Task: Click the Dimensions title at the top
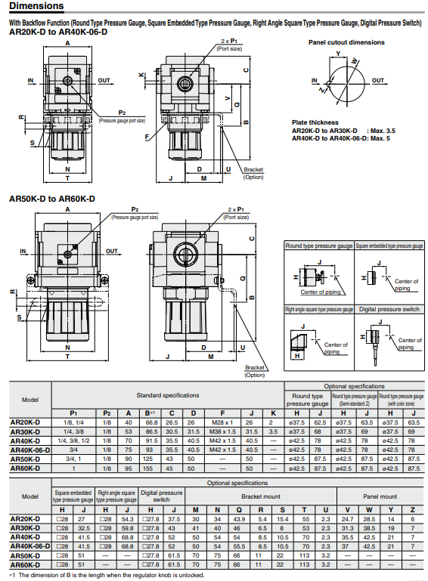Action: (42, 7)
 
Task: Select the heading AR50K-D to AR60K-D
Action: (52, 199)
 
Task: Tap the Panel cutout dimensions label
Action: (346, 42)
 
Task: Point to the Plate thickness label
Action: (315, 122)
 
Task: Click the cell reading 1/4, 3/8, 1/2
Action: (77, 440)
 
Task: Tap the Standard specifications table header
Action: (168, 395)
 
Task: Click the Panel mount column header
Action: (380, 496)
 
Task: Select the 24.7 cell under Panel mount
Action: (348, 519)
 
